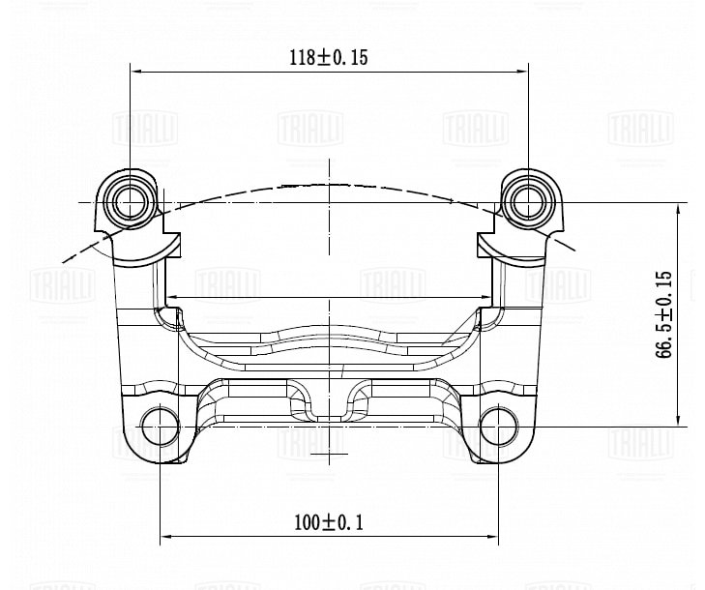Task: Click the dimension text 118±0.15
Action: point(329,57)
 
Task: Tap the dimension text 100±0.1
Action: point(328,522)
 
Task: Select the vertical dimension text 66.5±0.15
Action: point(663,314)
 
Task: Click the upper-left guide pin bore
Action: point(131,203)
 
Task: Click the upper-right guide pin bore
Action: point(528,203)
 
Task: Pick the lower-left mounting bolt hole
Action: point(161,426)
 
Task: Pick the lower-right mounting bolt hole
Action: point(498,426)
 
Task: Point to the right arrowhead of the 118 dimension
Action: point(522,71)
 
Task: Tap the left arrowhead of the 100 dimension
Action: point(166,536)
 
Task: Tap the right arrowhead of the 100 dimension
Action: point(492,536)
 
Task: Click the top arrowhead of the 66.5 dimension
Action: point(679,209)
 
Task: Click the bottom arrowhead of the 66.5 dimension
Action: point(679,420)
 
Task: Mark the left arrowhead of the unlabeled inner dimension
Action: point(171,297)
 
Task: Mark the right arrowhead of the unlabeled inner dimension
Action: point(487,297)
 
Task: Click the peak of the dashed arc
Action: point(330,184)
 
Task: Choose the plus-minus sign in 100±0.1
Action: point(329,523)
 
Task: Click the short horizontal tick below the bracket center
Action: point(329,454)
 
